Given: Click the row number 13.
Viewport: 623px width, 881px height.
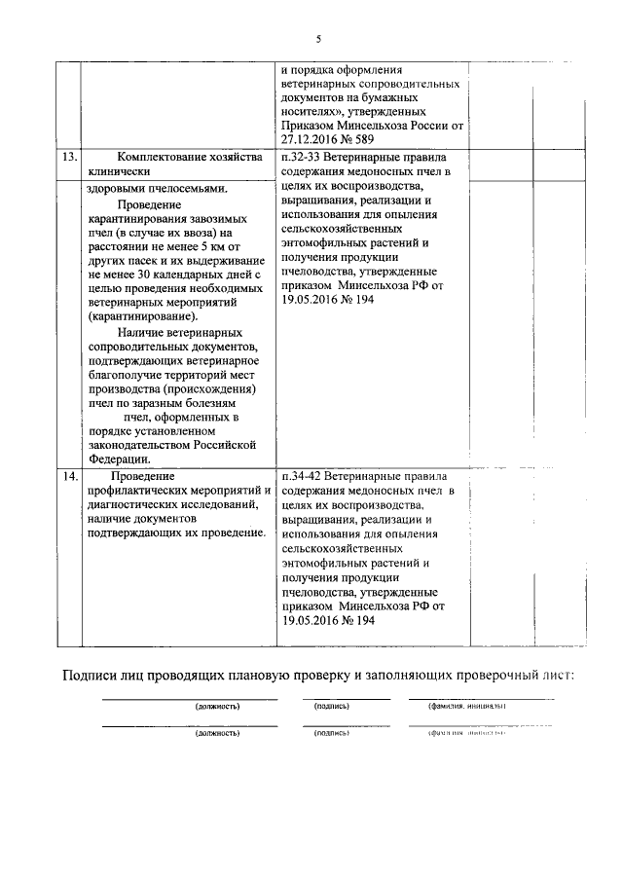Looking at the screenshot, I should click(68, 157).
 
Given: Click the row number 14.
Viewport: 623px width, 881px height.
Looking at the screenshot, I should click(68, 477).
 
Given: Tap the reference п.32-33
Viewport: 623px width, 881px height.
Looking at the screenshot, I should click(303, 157).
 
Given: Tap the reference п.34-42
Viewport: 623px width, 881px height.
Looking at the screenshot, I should click(303, 477).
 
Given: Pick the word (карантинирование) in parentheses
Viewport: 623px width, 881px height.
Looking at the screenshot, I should click(140, 316).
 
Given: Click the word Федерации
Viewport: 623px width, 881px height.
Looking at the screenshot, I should click(119, 459).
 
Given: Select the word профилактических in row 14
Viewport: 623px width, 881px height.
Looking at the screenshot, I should click(142, 491).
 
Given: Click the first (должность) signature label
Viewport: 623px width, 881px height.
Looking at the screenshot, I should click(217, 705).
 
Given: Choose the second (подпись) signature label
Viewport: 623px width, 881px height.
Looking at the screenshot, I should click(331, 733).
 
